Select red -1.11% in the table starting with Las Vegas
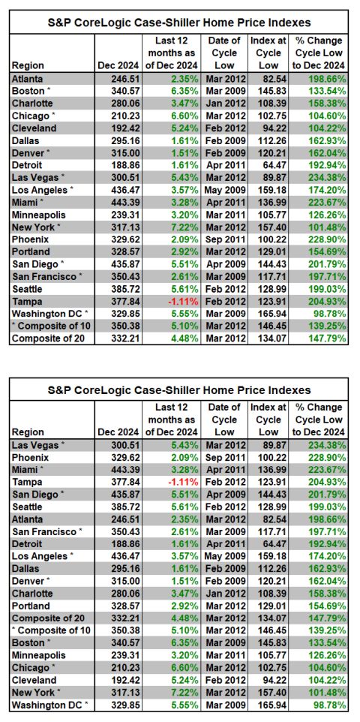tap(183, 482)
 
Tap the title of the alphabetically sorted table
tap(179, 22)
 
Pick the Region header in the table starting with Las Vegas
tap(28, 432)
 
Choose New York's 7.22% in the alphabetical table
tap(185, 227)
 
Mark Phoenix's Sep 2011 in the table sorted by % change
tap(224, 458)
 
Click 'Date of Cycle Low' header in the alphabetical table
tap(224, 53)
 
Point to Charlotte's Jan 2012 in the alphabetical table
tap(224, 103)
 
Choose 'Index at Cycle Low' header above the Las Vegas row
tap(268, 420)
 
